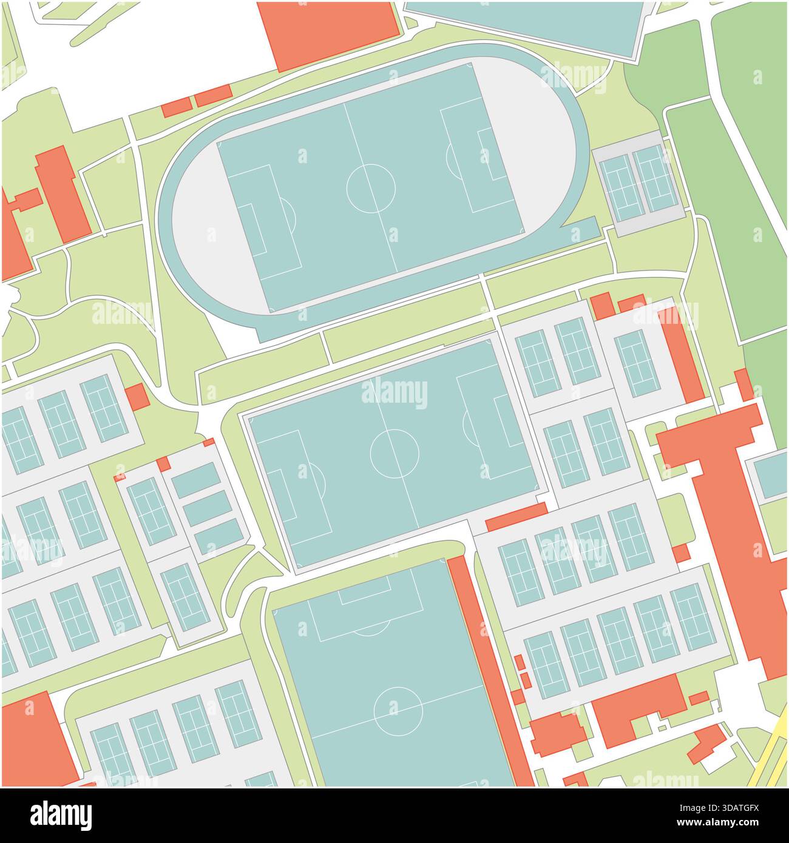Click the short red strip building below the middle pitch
tap(516, 516)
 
